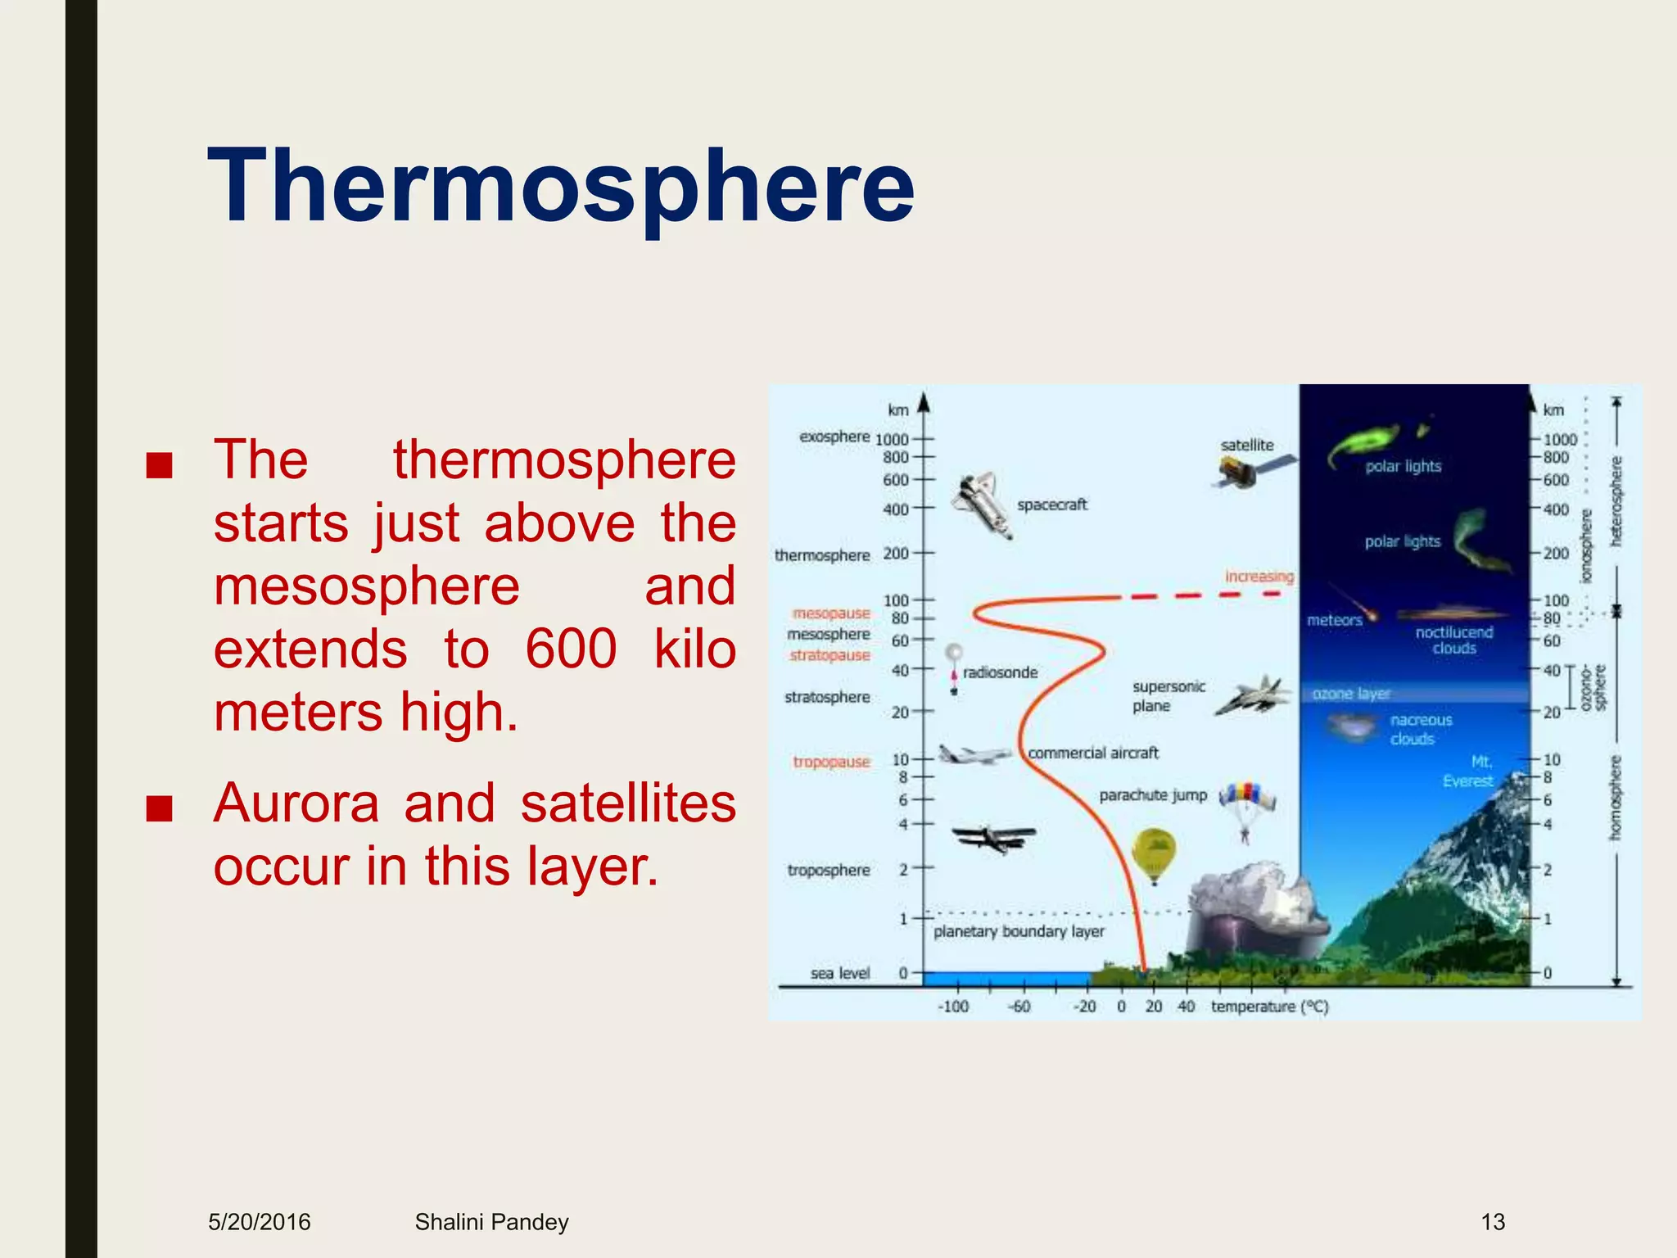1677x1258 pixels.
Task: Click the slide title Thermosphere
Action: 561,187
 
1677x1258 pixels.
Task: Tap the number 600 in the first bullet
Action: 571,649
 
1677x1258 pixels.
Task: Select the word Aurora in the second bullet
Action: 296,803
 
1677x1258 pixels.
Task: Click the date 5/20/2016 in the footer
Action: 260,1222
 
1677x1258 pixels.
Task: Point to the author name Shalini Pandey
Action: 491,1222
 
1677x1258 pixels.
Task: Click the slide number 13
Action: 1493,1222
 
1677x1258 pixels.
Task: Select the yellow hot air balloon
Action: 1154,853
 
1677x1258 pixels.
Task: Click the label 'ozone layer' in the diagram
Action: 1351,694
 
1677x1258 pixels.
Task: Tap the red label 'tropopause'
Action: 830,762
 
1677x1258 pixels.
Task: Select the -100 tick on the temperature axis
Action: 952,1006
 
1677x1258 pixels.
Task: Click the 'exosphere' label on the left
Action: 834,437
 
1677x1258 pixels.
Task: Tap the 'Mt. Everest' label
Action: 1471,772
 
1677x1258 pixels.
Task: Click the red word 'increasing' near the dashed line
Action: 1259,577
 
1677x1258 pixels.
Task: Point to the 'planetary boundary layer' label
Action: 1019,931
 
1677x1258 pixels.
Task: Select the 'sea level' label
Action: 840,973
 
